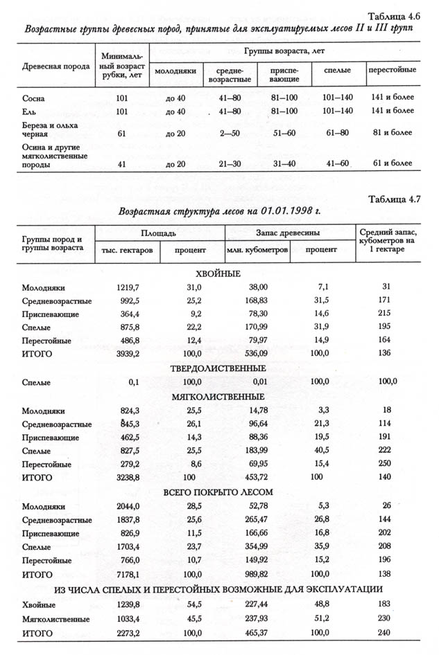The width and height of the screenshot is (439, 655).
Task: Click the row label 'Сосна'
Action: point(34,99)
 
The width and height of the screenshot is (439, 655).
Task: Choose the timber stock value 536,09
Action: point(265,353)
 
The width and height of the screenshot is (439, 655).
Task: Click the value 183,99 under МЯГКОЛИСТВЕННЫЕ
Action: point(265,451)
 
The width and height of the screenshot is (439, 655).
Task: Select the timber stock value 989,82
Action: point(265,574)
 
